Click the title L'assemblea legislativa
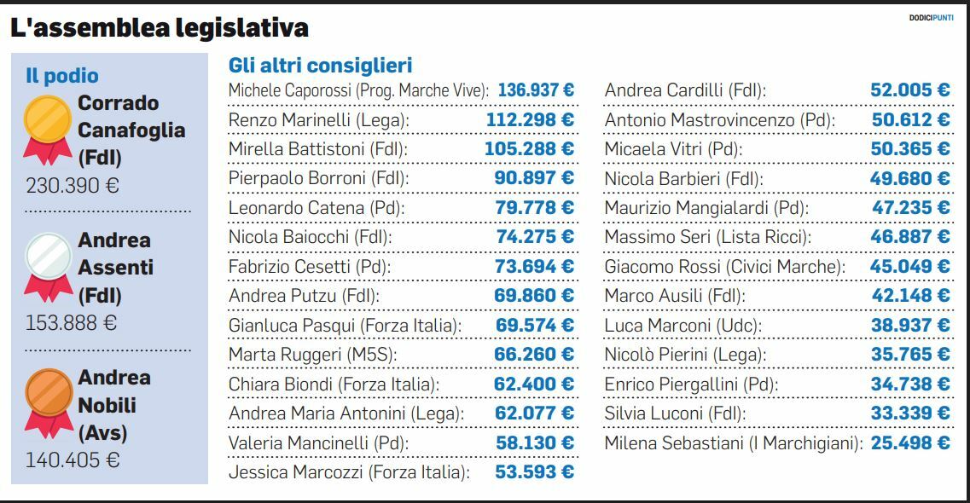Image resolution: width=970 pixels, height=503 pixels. [x=160, y=28]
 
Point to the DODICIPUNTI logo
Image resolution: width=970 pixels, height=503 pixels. [x=931, y=18]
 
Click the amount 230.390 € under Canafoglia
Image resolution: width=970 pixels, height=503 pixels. [x=72, y=185]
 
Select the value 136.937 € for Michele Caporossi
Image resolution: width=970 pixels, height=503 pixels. [x=536, y=90]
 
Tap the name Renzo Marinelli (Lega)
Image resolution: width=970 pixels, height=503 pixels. [x=319, y=120]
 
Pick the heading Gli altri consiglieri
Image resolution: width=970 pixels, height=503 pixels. [x=321, y=66]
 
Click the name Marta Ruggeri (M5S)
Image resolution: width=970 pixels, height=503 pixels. [x=313, y=354]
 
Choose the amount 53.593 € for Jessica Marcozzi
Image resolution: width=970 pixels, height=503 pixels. [x=534, y=471]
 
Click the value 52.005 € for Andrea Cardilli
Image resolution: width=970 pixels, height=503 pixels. [x=910, y=90]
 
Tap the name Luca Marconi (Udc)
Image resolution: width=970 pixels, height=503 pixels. [x=682, y=325]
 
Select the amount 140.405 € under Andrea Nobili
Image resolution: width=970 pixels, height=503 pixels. [x=72, y=460]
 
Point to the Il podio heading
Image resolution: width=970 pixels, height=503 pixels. [x=61, y=75]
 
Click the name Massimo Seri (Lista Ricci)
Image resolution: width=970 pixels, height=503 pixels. [x=707, y=237]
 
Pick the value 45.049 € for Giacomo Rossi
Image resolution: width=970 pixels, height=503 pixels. [x=909, y=267]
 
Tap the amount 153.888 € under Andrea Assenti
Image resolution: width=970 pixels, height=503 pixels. [x=72, y=323]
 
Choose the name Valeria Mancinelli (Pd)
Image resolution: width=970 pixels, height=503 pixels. [x=318, y=442]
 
